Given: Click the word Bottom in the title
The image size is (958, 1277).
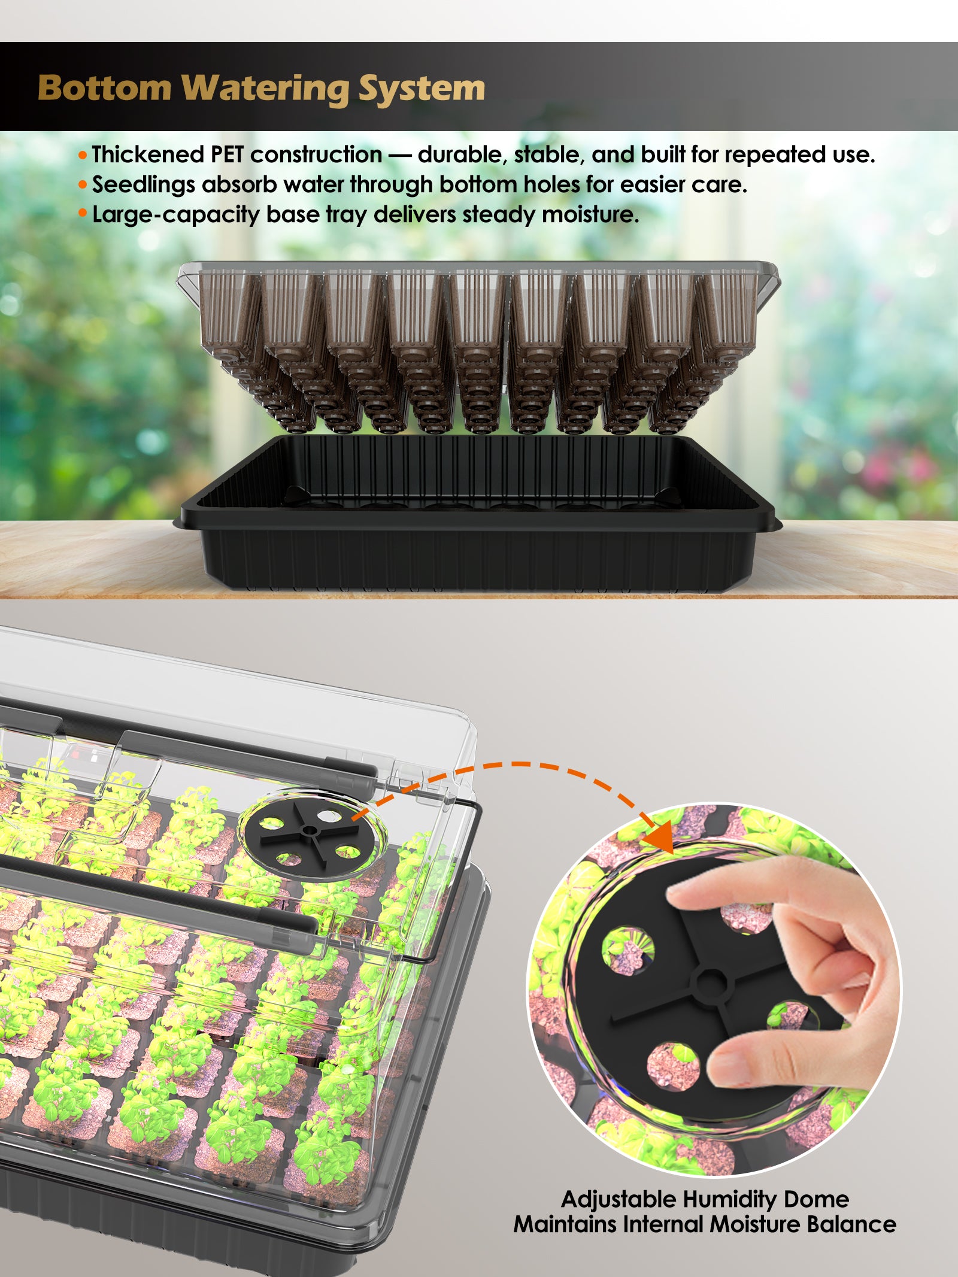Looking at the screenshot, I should pyautogui.click(x=105, y=89).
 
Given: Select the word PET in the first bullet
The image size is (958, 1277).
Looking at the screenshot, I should pyautogui.click(x=227, y=155).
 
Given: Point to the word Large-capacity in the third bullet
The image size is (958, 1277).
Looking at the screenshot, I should pyautogui.click(x=176, y=215).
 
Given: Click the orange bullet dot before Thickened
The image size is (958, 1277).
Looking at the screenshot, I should pyautogui.click(x=83, y=156).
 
